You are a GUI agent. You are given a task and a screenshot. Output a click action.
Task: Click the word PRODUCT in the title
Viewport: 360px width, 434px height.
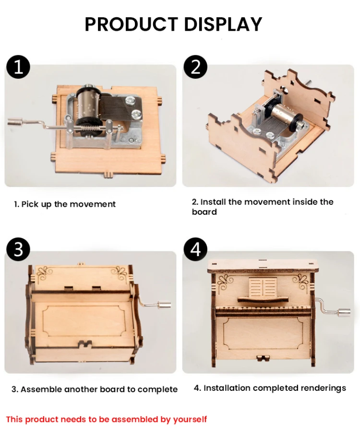pos(131,24)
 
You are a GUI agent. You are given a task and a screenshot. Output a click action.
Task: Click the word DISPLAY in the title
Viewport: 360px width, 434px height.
pos(222,24)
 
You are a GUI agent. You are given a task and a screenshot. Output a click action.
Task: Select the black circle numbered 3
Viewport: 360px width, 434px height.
pos(18,249)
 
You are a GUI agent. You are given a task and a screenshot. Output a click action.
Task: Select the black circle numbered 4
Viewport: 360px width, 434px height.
pos(195,249)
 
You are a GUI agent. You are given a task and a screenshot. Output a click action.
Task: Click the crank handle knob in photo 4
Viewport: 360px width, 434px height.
pos(343,313)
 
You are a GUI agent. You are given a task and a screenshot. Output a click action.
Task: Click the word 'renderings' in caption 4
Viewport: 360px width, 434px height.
pos(323,388)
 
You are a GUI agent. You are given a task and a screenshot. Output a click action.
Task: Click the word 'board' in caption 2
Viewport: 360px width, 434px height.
pos(204,212)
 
